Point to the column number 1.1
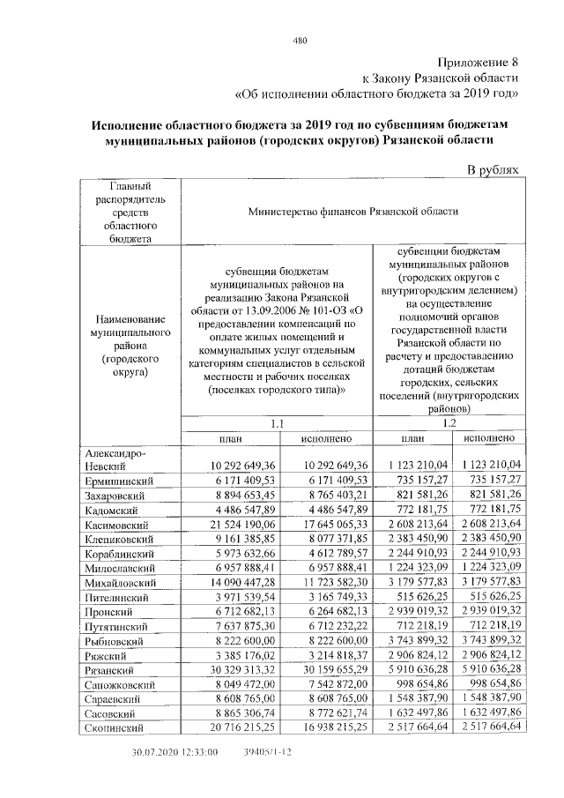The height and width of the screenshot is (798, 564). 278,423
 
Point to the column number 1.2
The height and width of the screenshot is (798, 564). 449,423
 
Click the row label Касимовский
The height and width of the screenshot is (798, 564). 115,525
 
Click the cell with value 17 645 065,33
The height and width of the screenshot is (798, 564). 326,525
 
